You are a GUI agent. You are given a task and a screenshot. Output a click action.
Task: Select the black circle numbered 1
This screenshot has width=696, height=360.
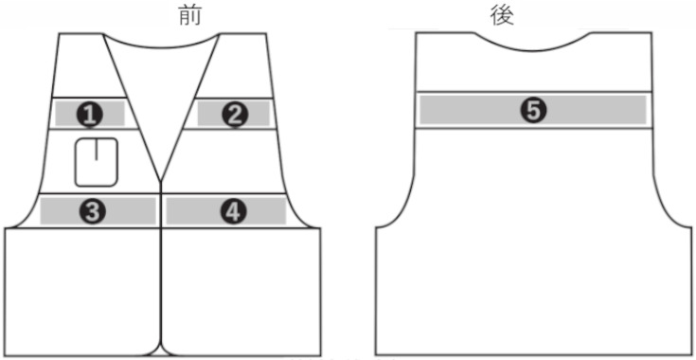coord(90,114)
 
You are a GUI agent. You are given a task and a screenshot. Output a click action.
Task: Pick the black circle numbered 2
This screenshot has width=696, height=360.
coord(234,114)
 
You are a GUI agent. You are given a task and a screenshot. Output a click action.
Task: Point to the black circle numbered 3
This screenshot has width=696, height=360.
coord(93,211)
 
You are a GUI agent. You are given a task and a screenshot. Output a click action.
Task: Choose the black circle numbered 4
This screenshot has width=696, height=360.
coord(233,211)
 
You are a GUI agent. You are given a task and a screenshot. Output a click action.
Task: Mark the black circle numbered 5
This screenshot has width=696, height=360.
coord(534,110)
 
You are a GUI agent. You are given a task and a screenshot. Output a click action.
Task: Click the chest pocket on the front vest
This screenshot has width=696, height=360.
coord(97,161)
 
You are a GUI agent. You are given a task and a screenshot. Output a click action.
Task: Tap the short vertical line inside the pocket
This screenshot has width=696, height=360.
coord(97,151)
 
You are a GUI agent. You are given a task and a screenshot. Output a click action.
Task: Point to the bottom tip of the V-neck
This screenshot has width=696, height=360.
coord(163,176)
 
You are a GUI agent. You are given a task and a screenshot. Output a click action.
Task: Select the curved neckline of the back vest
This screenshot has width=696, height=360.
coord(534,45)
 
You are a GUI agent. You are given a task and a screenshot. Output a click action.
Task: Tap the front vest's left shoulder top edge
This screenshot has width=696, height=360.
coord(80,35)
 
